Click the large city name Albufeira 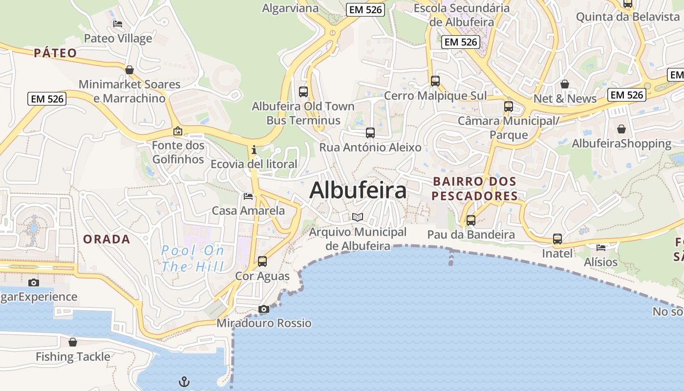(358, 190)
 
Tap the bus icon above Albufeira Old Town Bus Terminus (303, 91)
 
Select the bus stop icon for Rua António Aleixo (370, 132)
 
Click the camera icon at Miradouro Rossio (264, 309)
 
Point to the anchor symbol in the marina (184, 381)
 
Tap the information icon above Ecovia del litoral (254, 150)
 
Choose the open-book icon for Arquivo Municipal (358, 217)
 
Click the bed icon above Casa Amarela (248, 196)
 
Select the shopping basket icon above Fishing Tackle (73, 342)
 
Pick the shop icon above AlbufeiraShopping (621, 129)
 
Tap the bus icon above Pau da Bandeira (470, 220)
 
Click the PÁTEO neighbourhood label (55, 53)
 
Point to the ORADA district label (107, 239)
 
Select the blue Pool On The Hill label (193, 259)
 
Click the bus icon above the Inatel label (557, 239)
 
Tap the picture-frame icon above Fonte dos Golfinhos (178, 131)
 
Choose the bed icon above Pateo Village (118, 23)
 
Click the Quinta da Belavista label (628, 17)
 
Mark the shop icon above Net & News (565, 84)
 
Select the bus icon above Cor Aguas (262, 261)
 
